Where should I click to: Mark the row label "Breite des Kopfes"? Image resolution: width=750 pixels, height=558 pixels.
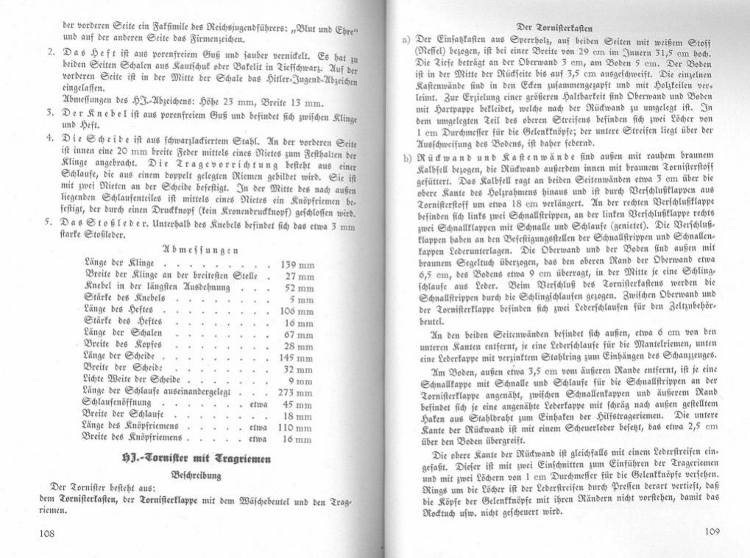[x=123, y=347]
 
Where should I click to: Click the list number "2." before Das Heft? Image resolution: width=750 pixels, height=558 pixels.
[x=50, y=54]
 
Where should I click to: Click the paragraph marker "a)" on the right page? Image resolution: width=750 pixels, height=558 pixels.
[x=404, y=39]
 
